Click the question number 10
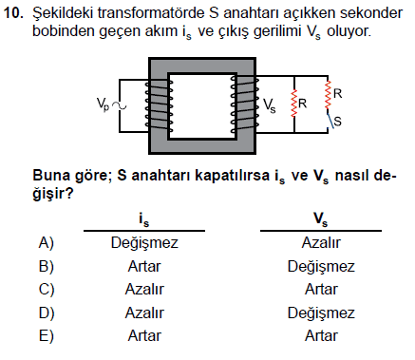(13, 13)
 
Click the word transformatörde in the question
(150, 13)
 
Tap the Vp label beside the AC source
(103, 104)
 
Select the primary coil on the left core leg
(159, 106)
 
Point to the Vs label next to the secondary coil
(270, 105)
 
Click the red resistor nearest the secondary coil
(294, 104)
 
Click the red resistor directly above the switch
(328, 95)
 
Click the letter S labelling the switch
(338, 122)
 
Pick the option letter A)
(47, 243)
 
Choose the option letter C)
(47, 290)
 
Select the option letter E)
(47, 336)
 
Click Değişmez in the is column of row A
(144, 243)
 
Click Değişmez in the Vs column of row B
(321, 266)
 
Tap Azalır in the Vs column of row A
(321, 243)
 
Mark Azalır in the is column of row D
(144, 313)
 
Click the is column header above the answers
(143, 219)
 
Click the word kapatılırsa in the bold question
(232, 175)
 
